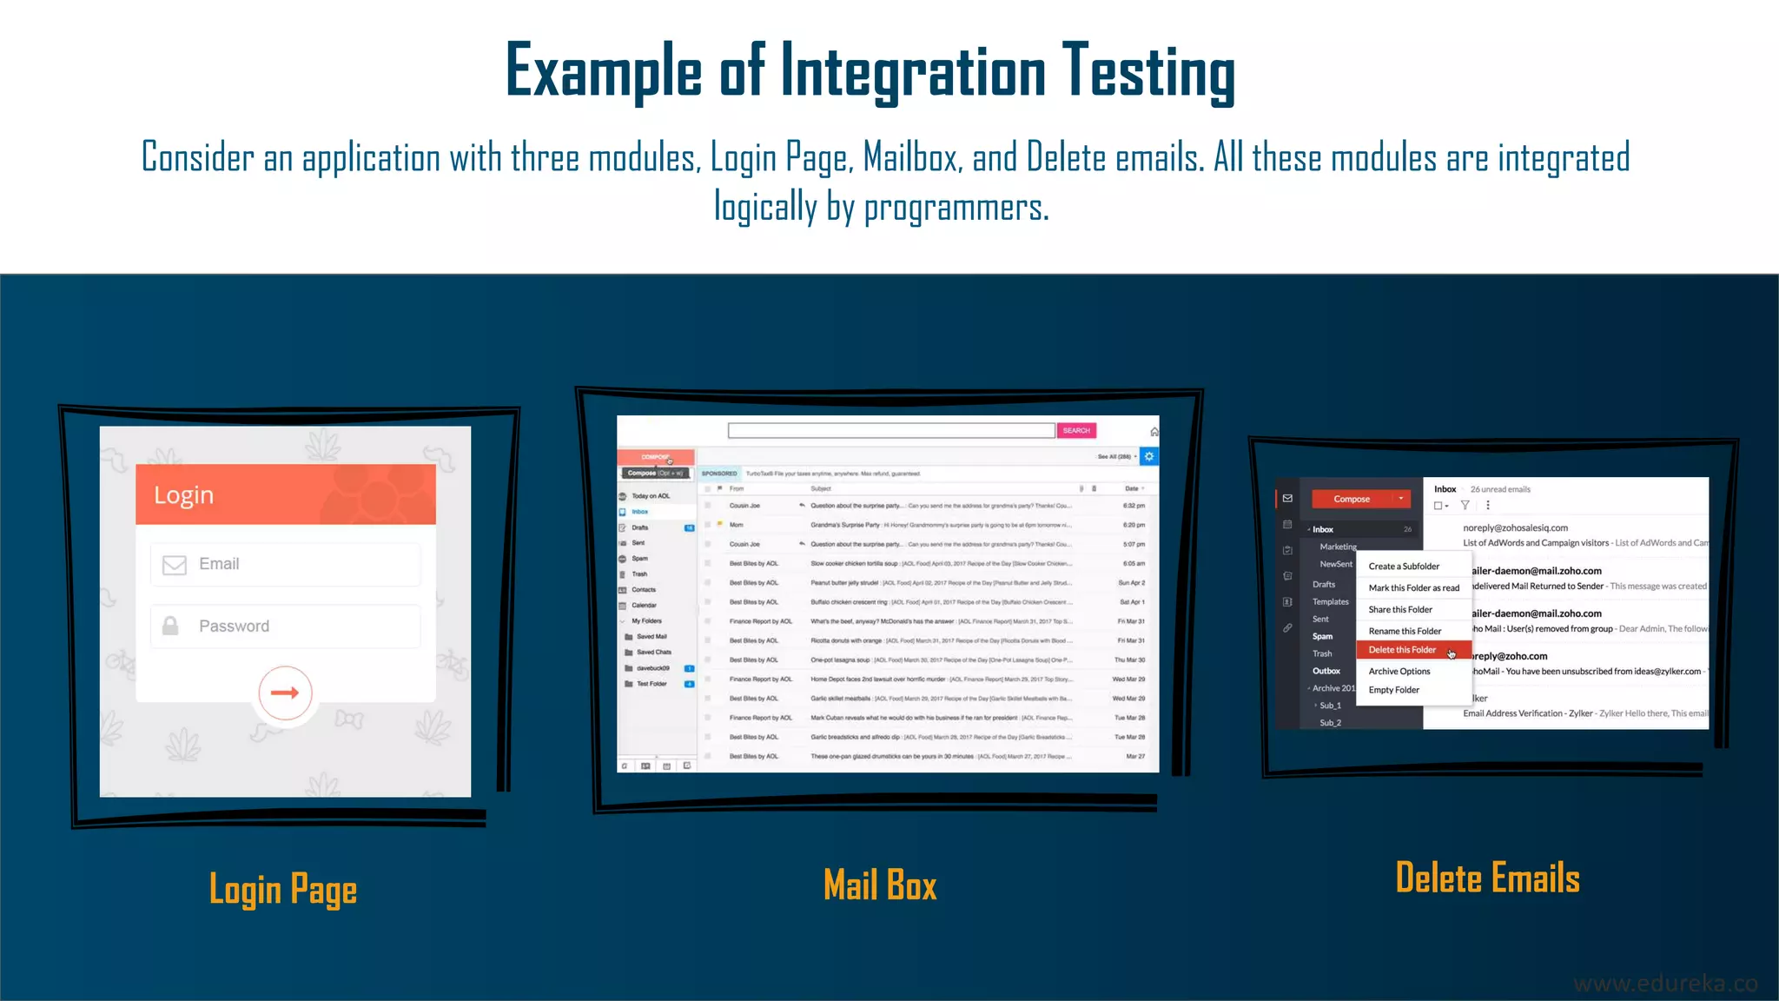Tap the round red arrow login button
click(x=285, y=693)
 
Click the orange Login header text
click(x=183, y=494)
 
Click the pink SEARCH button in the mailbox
click(x=1076, y=431)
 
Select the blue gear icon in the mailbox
click(x=1149, y=456)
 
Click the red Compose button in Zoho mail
click(x=1352, y=499)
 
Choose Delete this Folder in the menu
click(x=1402, y=650)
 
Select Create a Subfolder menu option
click(x=1404, y=567)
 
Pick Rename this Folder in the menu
click(x=1405, y=631)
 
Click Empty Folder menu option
click(x=1394, y=690)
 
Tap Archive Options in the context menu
click(x=1399, y=672)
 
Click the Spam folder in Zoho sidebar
click(x=1322, y=636)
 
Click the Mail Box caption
click(x=880, y=885)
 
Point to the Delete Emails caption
click(x=1487, y=878)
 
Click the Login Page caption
click(x=283, y=890)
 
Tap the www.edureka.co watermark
click(x=1665, y=984)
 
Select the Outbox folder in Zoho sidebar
click(x=1326, y=671)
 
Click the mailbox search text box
click(x=891, y=431)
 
